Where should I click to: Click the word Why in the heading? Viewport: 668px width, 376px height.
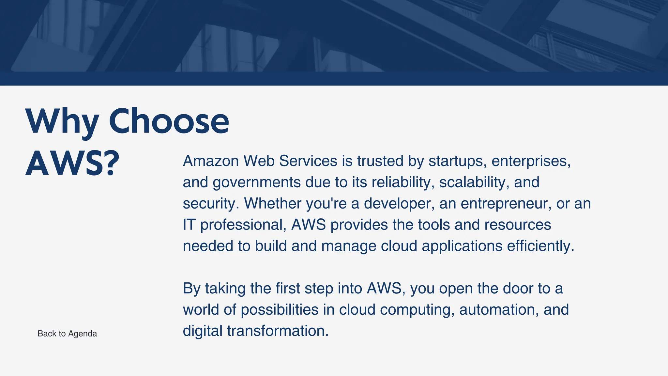[62, 121]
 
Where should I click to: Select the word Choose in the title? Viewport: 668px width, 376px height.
[169, 121]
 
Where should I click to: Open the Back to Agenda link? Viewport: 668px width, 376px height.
[67, 334]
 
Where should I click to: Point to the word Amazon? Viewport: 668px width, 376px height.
[211, 161]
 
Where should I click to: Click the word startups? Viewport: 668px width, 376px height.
[455, 161]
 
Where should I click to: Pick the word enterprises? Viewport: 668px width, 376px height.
[531, 161]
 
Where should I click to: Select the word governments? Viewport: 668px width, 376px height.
[256, 182]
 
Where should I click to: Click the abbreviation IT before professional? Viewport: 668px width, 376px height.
[189, 225]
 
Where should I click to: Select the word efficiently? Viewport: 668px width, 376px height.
[540, 246]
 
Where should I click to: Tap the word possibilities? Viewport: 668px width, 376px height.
[280, 309]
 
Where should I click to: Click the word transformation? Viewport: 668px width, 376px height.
[278, 331]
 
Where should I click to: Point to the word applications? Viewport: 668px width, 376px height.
[462, 246]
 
